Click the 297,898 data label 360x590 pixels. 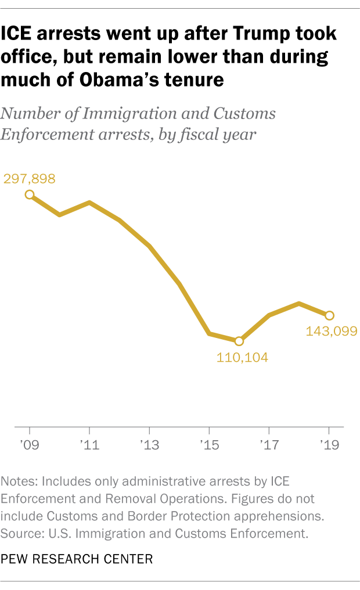pos(30,179)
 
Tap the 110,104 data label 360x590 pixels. pos(242,357)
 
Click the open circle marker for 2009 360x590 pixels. pos(30,195)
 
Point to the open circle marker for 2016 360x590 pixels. pos(239,341)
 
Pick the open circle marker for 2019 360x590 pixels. pos(329,315)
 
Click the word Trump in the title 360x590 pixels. pos(257,34)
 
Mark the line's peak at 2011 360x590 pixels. pos(89,202)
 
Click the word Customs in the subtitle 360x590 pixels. pos(244,114)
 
